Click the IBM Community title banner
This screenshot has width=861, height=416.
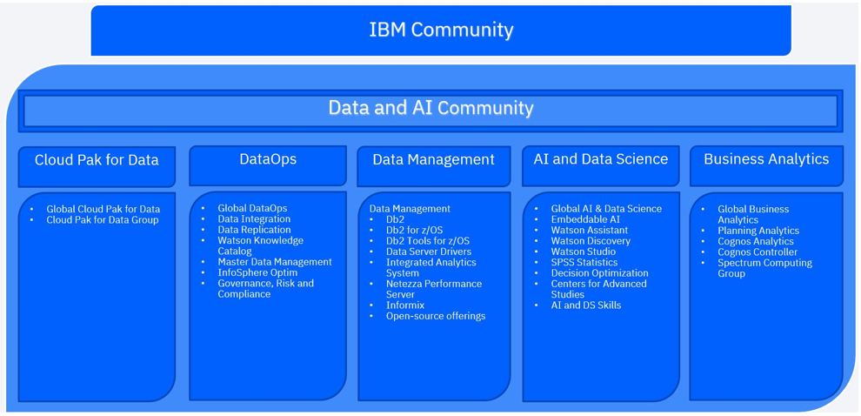[441, 30]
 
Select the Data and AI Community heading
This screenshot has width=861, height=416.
[430, 108]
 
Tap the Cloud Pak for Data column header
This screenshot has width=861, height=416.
[97, 160]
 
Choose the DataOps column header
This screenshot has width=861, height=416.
[268, 159]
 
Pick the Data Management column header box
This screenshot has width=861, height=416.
[433, 160]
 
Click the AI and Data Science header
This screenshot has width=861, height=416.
[600, 159]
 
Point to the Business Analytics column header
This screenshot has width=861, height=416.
[766, 159]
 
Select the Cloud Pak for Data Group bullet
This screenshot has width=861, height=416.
[103, 220]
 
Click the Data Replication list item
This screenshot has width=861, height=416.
[254, 230]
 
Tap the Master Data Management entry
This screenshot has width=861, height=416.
[274, 262]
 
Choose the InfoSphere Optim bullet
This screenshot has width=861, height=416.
[257, 272]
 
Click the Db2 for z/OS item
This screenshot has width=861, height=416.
[414, 230]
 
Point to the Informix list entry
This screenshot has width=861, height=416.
[405, 305]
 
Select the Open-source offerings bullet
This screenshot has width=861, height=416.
[436, 316]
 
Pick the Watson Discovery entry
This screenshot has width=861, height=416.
[590, 241]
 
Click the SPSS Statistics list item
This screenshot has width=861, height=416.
[584, 262]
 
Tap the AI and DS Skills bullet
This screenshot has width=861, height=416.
[585, 305]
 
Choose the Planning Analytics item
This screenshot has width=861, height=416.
[758, 231]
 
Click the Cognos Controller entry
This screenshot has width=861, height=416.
[757, 252]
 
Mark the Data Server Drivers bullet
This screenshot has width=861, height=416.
[429, 252]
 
